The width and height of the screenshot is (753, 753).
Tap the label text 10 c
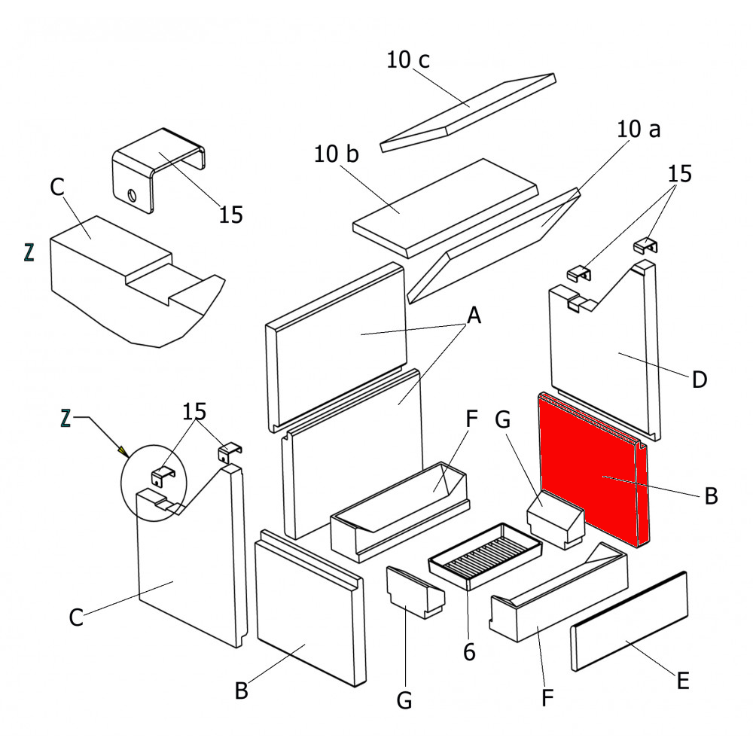tap(408, 60)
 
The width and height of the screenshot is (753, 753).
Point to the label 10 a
tap(639, 130)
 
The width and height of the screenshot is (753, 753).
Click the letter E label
tap(682, 681)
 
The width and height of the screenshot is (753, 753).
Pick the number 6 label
tap(469, 652)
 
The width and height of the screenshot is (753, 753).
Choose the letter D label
tap(700, 380)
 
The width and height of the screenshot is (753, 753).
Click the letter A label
tap(474, 316)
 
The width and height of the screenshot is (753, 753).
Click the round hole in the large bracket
tap(132, 197)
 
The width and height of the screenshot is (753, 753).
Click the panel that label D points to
tap(602, 354)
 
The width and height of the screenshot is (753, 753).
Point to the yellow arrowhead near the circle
tap(122, 451)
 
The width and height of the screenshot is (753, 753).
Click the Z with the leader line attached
tap(66, 417)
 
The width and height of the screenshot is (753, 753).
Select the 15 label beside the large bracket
tap(231, 215)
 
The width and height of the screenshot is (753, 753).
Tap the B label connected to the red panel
tap(711, 496)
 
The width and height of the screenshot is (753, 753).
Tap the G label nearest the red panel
tap(505, 419)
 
